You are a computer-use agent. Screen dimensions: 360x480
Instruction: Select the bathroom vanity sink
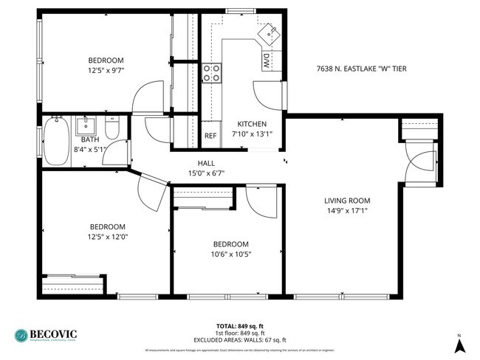86,123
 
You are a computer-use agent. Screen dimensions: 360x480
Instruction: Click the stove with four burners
212,72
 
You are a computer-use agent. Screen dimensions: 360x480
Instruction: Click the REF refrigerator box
210,136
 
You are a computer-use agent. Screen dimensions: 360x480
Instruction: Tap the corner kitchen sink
269,33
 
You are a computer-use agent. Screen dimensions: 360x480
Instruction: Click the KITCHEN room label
251,124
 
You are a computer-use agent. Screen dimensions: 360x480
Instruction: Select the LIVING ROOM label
347,200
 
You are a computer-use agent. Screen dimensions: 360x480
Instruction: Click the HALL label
206,164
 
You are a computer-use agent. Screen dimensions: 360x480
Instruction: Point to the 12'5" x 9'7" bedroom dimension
106,71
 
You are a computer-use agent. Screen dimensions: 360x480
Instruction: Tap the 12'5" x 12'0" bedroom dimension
108,237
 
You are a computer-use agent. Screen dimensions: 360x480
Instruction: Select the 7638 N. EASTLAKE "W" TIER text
361,69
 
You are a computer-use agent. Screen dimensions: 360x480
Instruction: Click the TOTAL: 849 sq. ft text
241,325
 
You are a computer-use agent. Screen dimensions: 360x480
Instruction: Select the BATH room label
90,139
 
